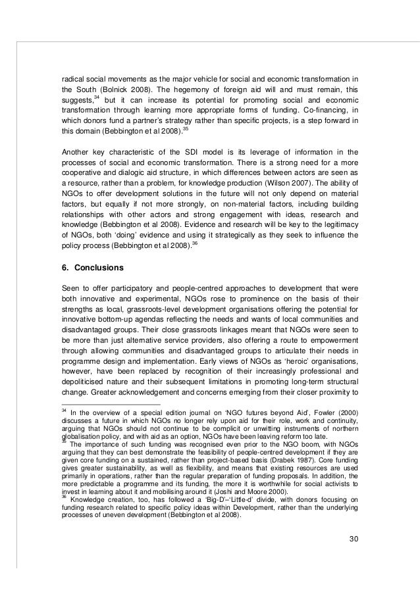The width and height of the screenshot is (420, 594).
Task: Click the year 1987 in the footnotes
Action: (x=286, y=457)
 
